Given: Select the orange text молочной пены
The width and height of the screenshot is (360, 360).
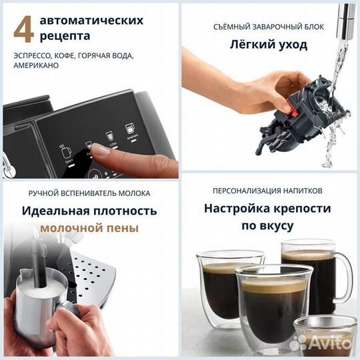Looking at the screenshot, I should (89, 228).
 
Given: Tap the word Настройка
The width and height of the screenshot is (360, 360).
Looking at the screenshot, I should (238, 208).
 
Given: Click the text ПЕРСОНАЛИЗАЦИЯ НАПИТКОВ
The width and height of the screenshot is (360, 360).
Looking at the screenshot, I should (270, 192).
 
